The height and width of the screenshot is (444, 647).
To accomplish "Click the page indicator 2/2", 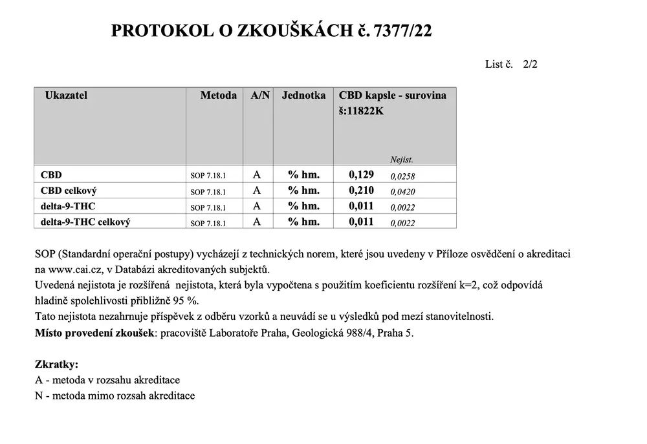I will click(531, 64).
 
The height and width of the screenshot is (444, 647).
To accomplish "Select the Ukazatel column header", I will click(66, 96).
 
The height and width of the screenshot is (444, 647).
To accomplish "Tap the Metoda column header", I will click(218, 96).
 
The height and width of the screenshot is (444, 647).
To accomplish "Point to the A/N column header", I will click(260, 96).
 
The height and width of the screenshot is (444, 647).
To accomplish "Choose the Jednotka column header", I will click(303, 96).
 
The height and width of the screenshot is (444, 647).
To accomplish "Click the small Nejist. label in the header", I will click(401, 159).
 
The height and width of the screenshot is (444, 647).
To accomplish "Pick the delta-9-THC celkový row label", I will click(85, 222).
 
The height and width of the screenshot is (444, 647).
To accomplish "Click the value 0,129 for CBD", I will click(361, 174).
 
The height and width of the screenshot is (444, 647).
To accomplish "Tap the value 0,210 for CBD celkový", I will click(361, 191).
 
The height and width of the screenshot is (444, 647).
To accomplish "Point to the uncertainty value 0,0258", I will click(402, 176).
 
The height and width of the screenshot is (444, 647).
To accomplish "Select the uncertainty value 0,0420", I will click(402, 192).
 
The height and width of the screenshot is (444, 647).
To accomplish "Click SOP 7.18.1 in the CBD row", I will click(208, 176).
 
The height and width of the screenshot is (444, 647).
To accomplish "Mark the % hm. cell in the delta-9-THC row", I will click(303, 206).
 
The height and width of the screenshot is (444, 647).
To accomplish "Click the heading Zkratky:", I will click(56, 365).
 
